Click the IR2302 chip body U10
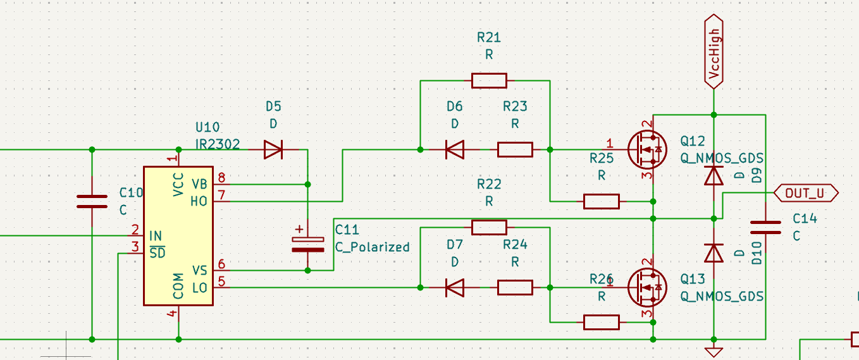pyautogui.click(x=178, y=236)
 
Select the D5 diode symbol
pyautogui.click(x=273, y=149)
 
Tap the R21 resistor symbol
pyautogui.click(x=489, y=80)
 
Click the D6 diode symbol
pyautogui.click(x=455, y=149)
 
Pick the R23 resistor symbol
pyautogui.click(x=515, y=149)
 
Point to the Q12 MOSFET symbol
pyautogui.click(x=647, y=149)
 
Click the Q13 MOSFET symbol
pyautogui.click(x=647, y=287)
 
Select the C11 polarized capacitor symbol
pyautogui.click(x=307, y=245)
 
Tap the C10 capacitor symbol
pyautogui.click(x=92, y=202)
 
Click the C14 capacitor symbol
pyautogui.click(x=765, y=227)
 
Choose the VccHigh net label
pyautogui.click(x=714, y=52)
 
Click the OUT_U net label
pyautogui.click(x=806, y=193)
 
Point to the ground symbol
pyautogui.click(x=714, y=352)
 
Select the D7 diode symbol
pyautogui.click(x=455, y=287)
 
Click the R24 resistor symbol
pyautogui.click(x=515, y=287)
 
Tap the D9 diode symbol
pyautogui.click(x=714, y=176)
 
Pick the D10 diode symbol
pyautogui.click(x=714, y=253)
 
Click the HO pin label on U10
pyautogui.click(x=199, y=201)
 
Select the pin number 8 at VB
pyautogui.click(x=221, y=178)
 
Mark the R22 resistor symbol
pyautogui.click(x=489, y=227)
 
